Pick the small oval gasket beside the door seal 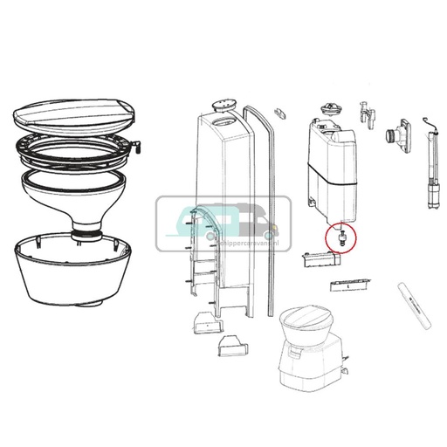(x=279, y=114)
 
